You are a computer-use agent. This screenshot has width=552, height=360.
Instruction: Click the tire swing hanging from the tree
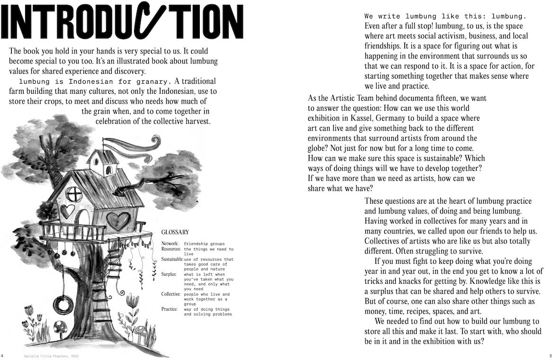pos(63,304)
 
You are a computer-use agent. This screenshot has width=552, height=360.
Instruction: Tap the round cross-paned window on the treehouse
pos(73,193)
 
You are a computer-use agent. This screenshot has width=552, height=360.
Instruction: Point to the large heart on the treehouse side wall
pos(118,221)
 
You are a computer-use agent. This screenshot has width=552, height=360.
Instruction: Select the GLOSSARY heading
pos(175,232)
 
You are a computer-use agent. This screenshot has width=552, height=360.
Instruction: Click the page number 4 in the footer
pos(2,355)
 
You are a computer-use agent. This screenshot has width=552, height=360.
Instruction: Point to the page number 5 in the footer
pos(550,355)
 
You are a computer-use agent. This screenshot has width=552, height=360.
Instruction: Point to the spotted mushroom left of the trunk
pos(61,327)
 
